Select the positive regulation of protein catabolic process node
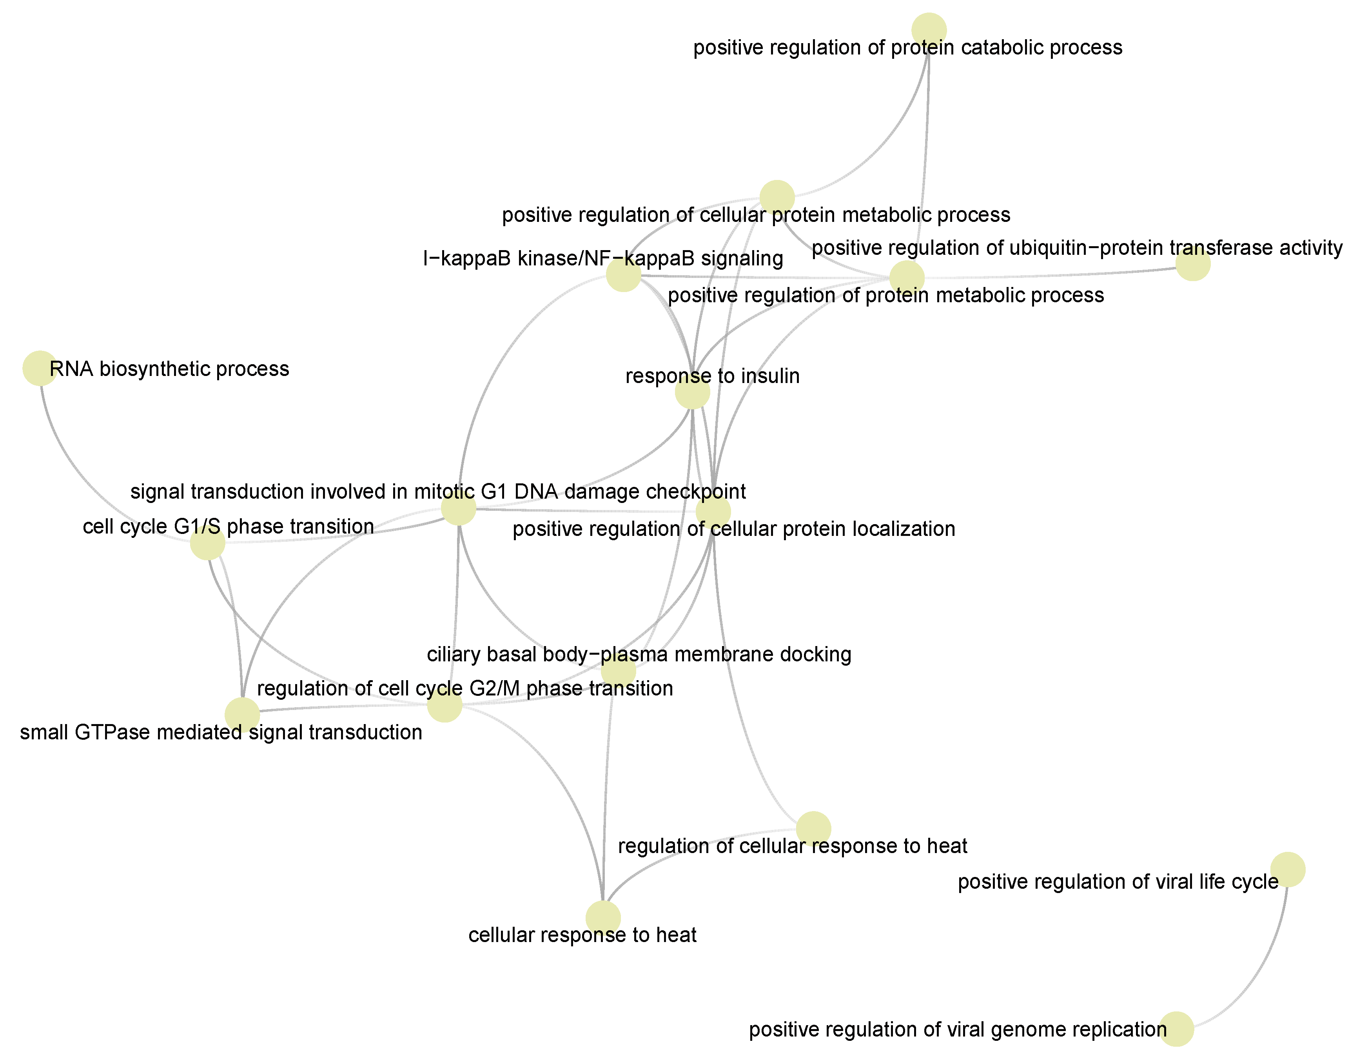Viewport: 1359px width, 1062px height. [x=928, y=30]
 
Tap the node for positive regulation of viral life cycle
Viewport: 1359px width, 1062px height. [x=1287, y=869]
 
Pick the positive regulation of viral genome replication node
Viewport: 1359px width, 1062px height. [x=1176, y=1028]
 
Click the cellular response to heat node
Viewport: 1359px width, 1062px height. [x=603, y=918]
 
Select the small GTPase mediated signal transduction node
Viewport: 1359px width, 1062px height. [x=242, y=714]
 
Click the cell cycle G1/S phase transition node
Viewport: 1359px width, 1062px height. [x=207, y=543]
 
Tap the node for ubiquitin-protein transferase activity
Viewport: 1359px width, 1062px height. [x=1192, y=264]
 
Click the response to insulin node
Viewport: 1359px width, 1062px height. [x=692, y=392]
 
